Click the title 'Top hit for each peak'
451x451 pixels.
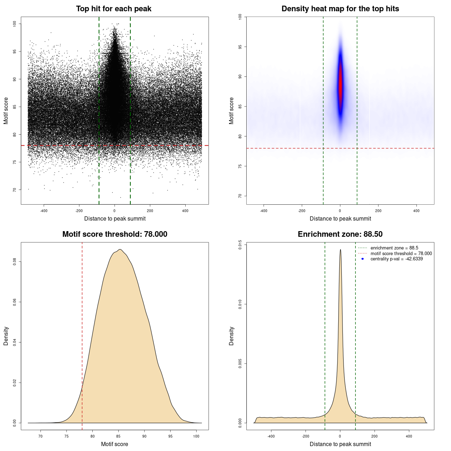(x=113, y=9)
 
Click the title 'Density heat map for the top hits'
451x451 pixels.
(x=340, y=9)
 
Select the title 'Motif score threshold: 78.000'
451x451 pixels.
(x=115, y=234)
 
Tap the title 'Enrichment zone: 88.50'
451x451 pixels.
(x=340, y=234)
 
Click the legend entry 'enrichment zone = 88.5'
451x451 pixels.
(x=394, y=248)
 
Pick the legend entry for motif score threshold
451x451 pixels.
(x=401, y=253)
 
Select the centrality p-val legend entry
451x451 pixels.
(x=396, y=259)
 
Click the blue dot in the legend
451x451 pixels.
(x=363, y=259)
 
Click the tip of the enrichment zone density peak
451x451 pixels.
(x=340, y=250)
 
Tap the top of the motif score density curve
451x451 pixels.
(x=120, y=249)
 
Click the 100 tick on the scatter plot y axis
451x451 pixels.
(x=14, y=24)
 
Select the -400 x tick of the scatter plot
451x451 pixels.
(x=44, y=211)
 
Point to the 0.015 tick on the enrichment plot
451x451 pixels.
(x=240, y=245)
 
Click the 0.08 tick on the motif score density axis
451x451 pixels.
(x=14, y=262)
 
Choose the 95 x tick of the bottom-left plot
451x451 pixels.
(x=171, y=436)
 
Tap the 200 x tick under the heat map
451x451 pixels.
(x=378, y=211)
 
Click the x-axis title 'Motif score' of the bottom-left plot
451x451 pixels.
(x=115, y=444)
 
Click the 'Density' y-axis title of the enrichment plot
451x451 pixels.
(x=231, y=336)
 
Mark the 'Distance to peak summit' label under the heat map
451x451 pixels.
(x=340, y=218)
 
